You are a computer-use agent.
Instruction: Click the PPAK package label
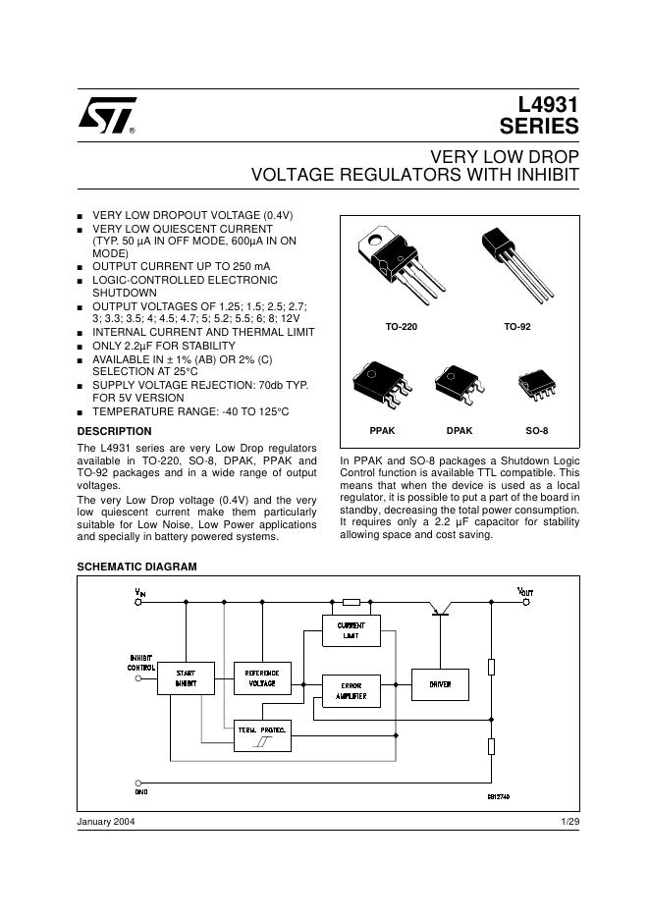382,431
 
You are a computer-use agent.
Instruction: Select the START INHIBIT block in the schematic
186,677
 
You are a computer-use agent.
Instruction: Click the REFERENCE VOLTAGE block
262,677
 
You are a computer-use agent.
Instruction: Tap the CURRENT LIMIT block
351,630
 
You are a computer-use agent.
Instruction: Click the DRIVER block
440,683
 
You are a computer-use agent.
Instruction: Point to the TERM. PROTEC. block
261,736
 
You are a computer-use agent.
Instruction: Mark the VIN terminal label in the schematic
140,591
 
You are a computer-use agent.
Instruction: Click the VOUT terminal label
525,591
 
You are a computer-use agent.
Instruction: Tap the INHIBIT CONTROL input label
141,662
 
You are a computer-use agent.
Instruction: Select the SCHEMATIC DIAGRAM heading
136,567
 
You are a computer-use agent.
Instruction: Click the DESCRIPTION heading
114,431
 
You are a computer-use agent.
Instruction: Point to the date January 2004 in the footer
106,821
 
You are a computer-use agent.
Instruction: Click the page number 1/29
569,821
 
